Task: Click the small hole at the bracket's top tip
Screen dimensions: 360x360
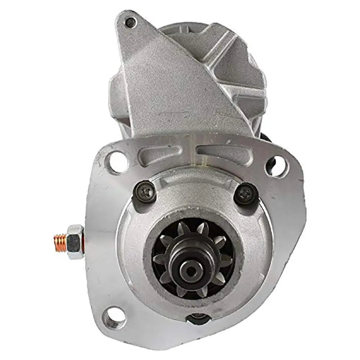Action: [x=131, y=21]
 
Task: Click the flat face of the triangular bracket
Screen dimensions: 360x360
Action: [x=162, y=90]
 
